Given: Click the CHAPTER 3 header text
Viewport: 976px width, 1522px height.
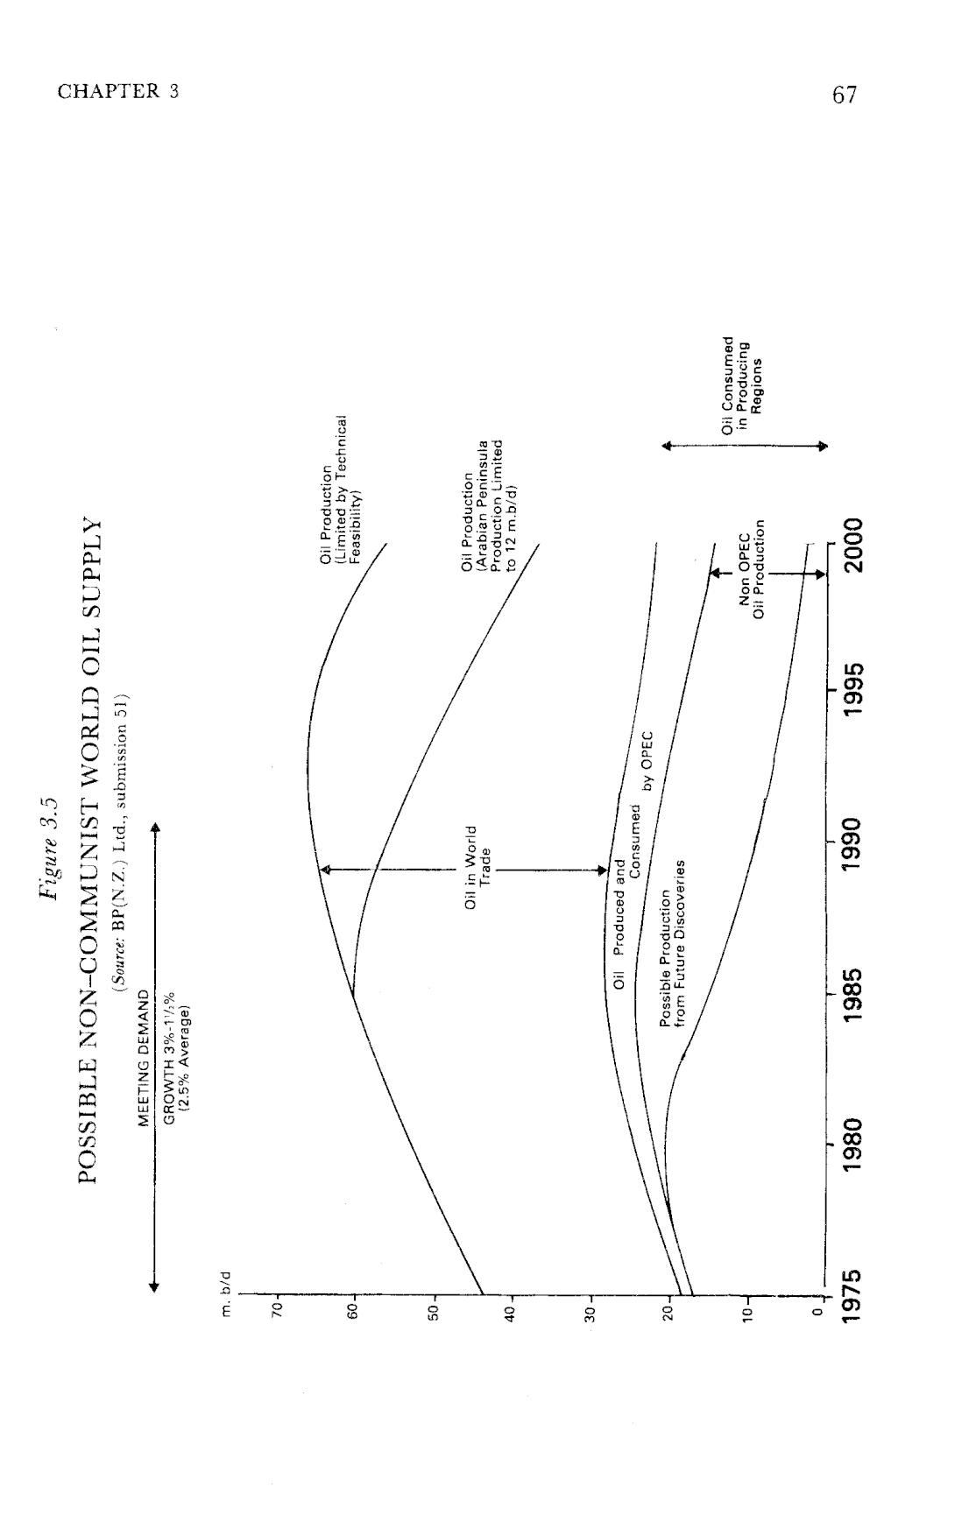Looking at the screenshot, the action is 118,91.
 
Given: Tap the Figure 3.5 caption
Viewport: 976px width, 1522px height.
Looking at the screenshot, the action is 47,849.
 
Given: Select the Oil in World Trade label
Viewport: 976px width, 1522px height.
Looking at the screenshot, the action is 477,868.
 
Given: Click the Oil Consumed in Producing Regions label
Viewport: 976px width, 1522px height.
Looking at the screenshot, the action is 740,386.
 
